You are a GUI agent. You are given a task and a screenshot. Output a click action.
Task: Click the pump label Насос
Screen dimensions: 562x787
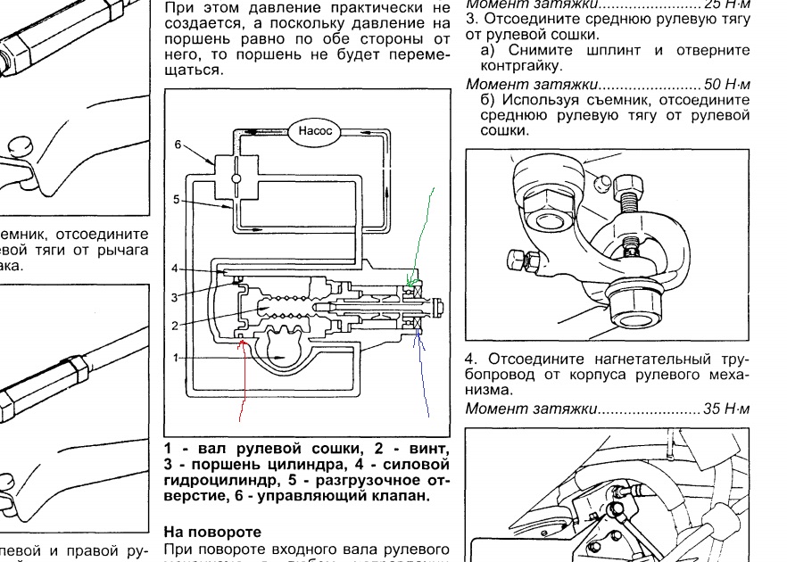tap(314, 131)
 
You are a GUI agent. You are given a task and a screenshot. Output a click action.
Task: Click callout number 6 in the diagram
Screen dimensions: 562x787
tap(178, 144)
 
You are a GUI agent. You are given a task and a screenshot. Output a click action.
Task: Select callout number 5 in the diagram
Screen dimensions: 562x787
tap(177, 200)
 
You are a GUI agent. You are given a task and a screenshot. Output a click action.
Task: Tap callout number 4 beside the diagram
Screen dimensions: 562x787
tap(176, 269)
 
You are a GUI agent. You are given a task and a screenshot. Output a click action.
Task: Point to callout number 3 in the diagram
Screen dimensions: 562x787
tap(176, 296)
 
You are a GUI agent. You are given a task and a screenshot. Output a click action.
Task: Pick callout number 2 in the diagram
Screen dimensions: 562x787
tap(176, 325)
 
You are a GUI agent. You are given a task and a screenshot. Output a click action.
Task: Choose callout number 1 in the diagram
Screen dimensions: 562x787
tap(176, 358)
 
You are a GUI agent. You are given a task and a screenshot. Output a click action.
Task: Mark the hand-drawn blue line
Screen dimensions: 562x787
tap(423, 375)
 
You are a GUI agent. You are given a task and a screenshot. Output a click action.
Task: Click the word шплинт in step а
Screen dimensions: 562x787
tap(592, 51)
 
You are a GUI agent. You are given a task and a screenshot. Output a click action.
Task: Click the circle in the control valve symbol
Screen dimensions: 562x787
tap(236, 178)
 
